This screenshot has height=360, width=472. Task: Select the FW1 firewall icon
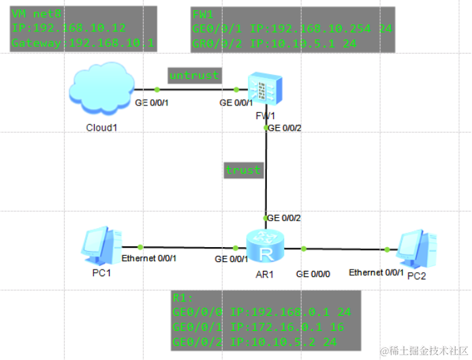click(264, 88)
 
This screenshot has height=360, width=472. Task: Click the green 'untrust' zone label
click(193, 75)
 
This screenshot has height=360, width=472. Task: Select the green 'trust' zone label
click(243, 170)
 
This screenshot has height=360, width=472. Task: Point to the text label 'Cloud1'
click(101, 127)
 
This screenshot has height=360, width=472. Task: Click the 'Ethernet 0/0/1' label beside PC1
click(149, 259)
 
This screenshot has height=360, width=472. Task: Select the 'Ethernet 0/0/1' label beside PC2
click(376, 272)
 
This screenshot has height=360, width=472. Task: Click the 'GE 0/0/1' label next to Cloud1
click(151, 103)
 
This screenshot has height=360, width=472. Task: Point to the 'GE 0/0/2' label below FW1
click(285, 127)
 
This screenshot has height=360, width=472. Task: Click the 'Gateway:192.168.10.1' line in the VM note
click(82, 44)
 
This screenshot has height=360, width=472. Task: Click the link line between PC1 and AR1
click(184, 247)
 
